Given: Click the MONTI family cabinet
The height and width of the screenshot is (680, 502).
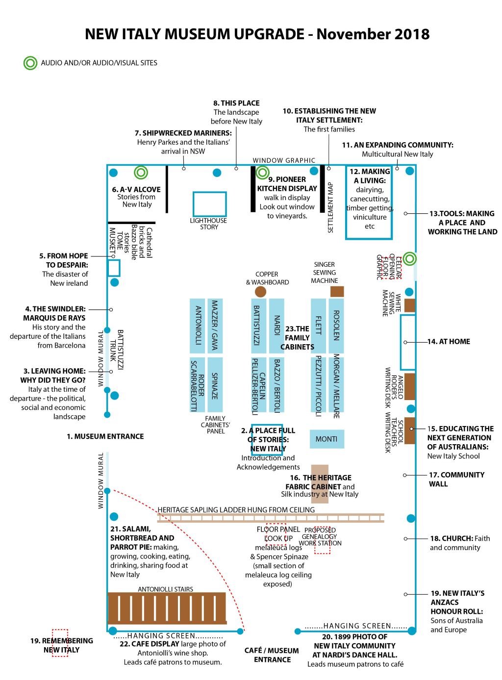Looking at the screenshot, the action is (326, 439).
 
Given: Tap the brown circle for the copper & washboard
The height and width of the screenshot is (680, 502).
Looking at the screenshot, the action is (260, 291).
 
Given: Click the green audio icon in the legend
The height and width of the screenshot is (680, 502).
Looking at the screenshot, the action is (30, 63).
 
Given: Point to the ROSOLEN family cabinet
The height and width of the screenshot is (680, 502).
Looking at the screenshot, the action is (336, 326).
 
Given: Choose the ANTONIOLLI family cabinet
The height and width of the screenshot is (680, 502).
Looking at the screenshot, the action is (197, 326).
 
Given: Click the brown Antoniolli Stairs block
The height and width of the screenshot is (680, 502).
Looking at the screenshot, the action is (167, 608).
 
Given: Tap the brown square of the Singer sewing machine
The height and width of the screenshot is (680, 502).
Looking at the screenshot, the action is (337, 291).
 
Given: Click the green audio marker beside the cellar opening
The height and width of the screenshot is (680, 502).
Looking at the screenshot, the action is (409, 258).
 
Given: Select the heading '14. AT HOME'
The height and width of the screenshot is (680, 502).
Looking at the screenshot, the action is (449, 341).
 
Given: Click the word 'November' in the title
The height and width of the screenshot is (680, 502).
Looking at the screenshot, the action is (353, 34).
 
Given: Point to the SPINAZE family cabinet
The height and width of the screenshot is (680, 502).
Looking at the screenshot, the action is (215, 384).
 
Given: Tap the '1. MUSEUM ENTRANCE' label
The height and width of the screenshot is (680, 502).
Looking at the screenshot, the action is (105, 436).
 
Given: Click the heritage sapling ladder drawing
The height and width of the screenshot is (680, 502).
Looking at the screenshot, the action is (270, 518).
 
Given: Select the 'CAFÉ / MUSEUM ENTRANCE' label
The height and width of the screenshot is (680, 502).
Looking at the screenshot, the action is (272, 655).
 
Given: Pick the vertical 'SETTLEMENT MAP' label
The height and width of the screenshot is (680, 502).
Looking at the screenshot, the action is (330, 207).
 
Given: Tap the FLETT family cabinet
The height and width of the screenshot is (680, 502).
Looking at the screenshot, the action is (318, 326).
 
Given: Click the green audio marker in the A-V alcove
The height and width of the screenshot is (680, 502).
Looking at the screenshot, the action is (141, 172).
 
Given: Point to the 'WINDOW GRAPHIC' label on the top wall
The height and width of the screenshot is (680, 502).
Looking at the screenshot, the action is (284, 160).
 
